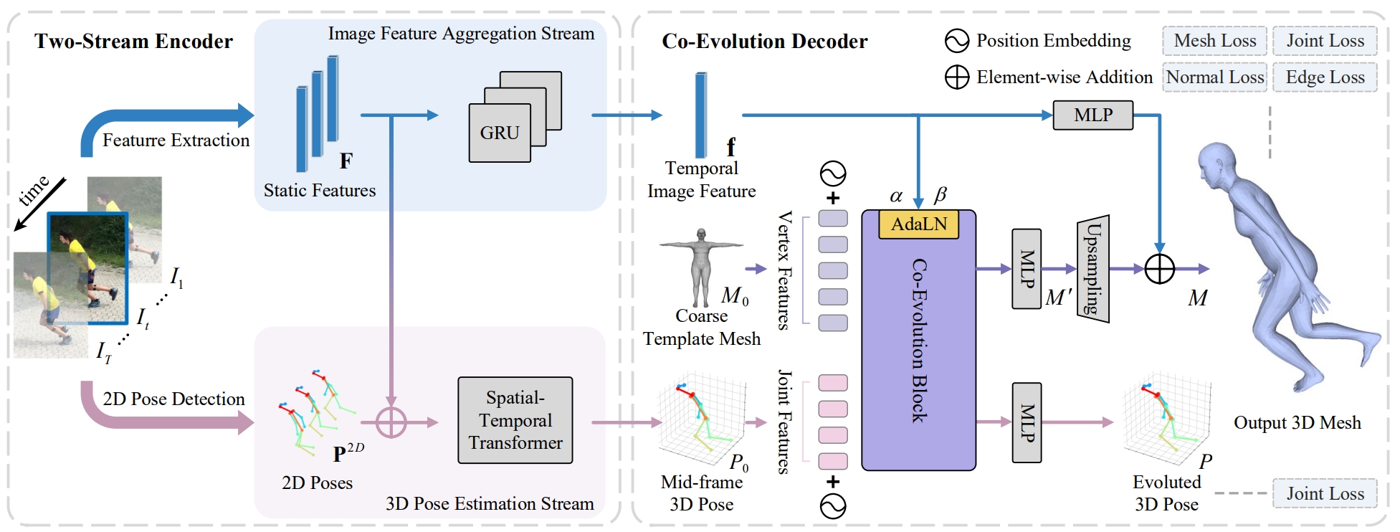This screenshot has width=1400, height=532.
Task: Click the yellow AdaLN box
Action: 918,224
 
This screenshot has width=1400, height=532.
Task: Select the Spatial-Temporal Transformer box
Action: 515,420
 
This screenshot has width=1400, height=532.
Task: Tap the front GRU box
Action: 500,133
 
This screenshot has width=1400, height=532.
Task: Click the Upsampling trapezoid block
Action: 1093,269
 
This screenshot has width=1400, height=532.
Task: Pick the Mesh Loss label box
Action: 1214,41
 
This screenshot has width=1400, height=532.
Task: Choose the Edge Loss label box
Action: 1325,77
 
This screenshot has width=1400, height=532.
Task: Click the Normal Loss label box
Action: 1214,77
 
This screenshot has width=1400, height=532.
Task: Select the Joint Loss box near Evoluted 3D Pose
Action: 1325,493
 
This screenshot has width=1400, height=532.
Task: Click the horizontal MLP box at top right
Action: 1093,115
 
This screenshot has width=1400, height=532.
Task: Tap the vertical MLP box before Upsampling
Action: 1027,269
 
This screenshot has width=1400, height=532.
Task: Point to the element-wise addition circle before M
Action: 1159,270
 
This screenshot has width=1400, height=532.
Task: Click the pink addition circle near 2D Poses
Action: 391,422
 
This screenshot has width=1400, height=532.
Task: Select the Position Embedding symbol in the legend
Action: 957,41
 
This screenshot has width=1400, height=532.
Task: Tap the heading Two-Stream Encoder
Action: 133,42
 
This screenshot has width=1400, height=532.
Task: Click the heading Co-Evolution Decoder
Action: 764,42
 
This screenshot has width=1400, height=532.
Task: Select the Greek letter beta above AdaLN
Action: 941,194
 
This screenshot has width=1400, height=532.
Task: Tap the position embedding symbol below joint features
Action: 833,506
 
